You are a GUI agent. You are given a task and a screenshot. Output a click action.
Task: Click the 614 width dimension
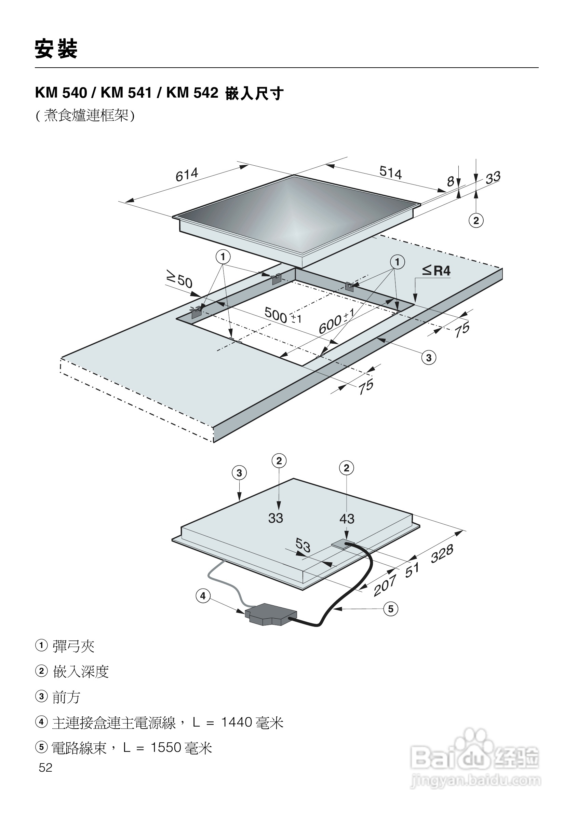[187, 174]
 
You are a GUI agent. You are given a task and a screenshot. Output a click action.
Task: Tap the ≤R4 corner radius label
[436, 271]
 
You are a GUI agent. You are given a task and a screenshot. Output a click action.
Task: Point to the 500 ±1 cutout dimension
[282, 315]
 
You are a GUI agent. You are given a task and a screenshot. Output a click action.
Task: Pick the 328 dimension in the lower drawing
[442, 553]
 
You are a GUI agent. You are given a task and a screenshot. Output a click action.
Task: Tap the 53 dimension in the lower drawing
[303, 545]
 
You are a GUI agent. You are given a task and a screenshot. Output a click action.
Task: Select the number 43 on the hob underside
[346, 519]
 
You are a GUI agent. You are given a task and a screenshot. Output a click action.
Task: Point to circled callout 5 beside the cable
[390, 609]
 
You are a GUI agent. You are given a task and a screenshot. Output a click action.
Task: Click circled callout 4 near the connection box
[203, 595]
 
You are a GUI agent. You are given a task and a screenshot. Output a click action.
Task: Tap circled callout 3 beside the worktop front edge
[429, 358]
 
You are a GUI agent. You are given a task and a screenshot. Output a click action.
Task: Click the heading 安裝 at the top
[56, 49]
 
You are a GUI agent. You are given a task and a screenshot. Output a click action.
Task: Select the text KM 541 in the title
[126, 93]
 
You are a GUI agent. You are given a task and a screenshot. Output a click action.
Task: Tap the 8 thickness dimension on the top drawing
[450, 182]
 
